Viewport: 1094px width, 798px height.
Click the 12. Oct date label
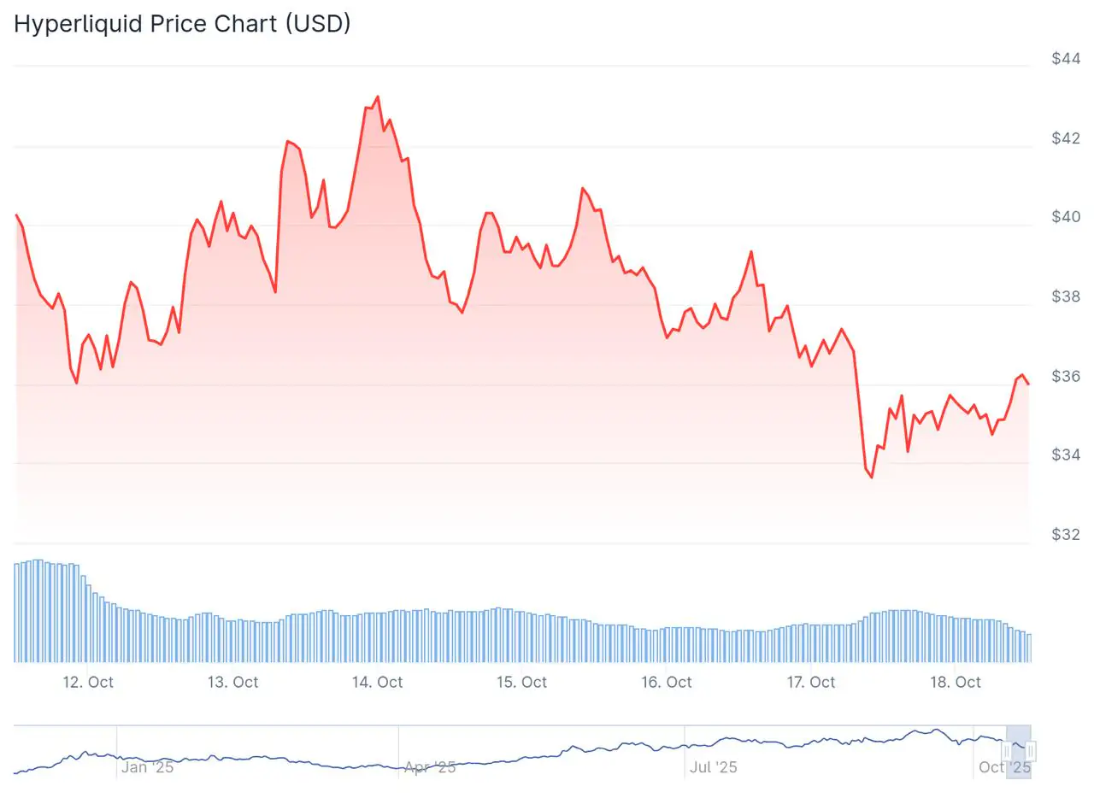point(88,682)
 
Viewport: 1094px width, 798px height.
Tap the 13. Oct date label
point(232,682)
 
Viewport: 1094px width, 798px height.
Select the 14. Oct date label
point(377,682)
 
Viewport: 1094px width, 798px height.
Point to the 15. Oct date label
point(521,682)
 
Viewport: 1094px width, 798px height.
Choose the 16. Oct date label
point(666,682)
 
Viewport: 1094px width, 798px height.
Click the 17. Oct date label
point(810,682)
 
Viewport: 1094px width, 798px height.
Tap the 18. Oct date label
point(955,682)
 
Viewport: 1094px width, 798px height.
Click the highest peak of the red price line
point(377,97)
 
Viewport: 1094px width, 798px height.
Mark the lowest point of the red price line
point(872,478)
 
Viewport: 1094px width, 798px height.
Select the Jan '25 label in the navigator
point(147,766)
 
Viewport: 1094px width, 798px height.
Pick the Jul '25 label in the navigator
point(714,766)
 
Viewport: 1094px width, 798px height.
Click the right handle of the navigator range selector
point(1032,751)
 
